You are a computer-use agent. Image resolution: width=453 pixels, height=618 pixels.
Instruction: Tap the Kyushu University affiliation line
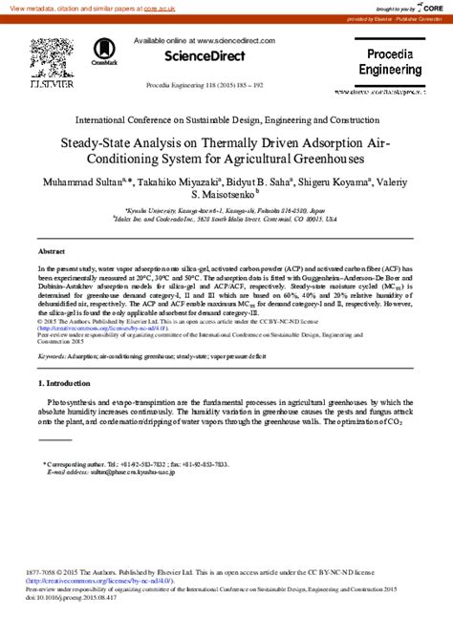click(226, 209)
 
